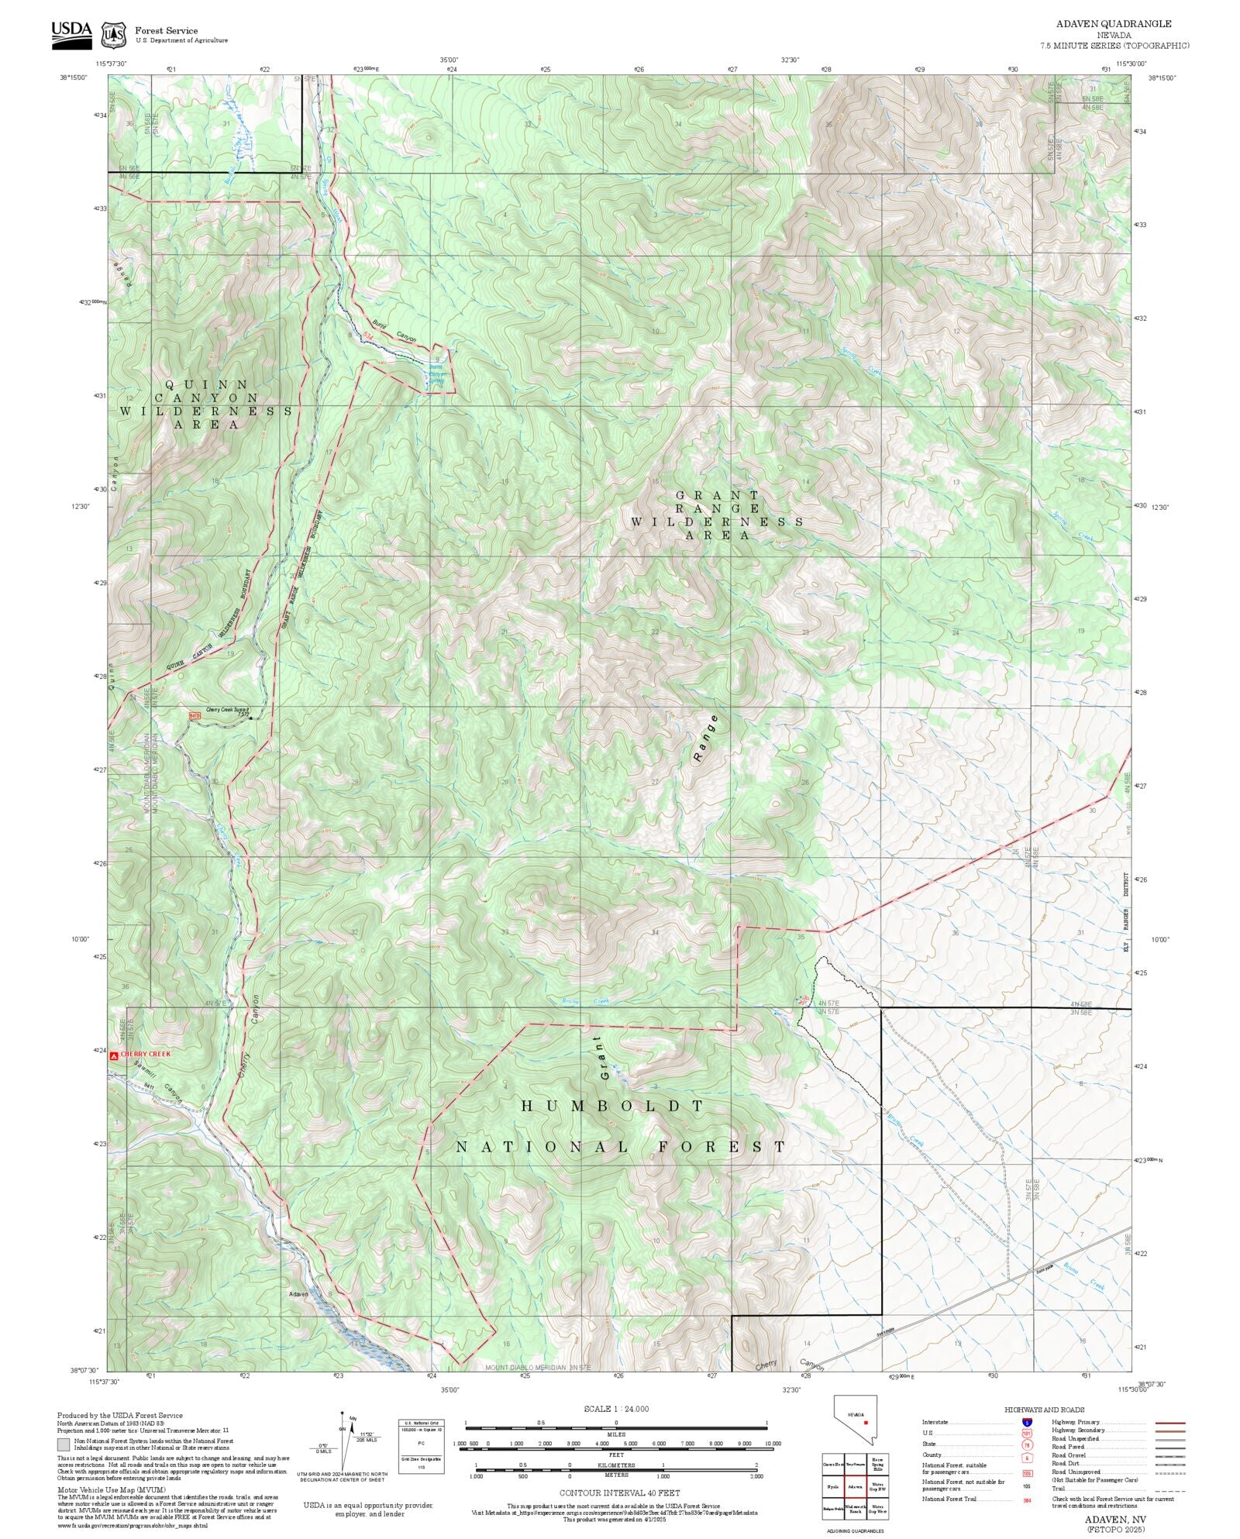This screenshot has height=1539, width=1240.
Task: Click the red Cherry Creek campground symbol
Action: (x=114, y=1055)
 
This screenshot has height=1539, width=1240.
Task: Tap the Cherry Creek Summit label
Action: (x=227, y=710)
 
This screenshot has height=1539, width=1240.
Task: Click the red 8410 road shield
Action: (x=195, y=716)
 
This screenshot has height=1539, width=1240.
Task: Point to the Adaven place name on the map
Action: (x=298, y=1294)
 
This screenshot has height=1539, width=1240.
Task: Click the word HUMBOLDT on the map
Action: (x=612, y=1107)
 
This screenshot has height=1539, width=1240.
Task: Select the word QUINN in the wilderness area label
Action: (x=206, y=384)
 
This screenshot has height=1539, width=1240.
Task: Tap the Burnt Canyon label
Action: (x=394, y=332)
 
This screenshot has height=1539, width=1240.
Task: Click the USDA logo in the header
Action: (x=71, y=34)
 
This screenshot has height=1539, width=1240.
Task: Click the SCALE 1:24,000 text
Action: (x=616, y=1409)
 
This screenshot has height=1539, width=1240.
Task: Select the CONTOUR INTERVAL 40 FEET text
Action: (x=619, y=1493)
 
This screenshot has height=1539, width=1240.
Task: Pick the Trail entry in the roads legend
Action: (x=1058, y=1488)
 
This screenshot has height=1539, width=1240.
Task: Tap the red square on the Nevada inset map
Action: (x=865, y=1422)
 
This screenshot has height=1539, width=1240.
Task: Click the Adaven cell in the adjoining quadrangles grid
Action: (x=855, y=1486)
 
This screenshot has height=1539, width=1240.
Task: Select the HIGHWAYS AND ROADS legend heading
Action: (x=1044, y=1410)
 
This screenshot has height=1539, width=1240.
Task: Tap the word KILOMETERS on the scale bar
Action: (x=616, y=1465)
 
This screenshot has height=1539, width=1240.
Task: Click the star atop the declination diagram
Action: (x=341, y=1413)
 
